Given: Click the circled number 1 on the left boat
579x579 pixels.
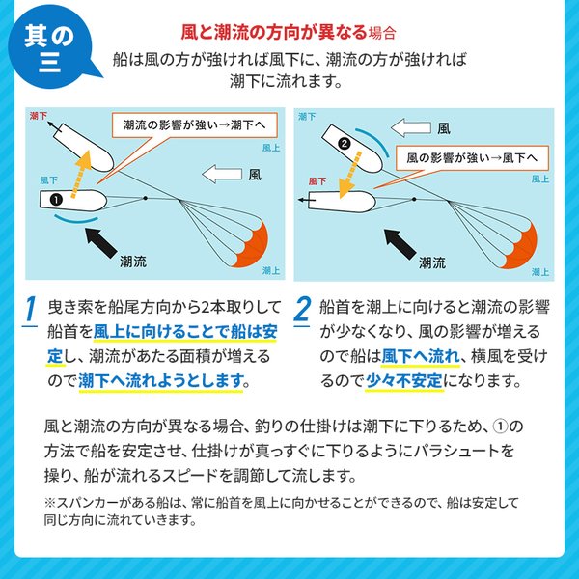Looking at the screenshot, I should click(56, 200).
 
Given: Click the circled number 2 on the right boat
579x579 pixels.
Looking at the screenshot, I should click(344, 145).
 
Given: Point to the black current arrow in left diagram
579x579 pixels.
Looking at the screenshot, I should click(101, 240).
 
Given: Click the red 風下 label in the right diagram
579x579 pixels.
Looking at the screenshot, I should click(316, 180).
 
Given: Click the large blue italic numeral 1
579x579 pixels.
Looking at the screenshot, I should click(32, 311).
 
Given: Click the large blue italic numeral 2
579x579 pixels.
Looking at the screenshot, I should click(302, 311).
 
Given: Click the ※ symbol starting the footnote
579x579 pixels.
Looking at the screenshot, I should click(50, 503).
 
